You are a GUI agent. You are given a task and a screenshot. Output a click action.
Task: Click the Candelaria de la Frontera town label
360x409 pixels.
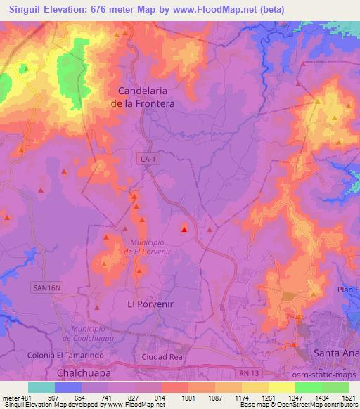(x=146, y=96)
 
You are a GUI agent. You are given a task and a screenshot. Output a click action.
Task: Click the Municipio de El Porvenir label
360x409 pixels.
(x=147, y=247)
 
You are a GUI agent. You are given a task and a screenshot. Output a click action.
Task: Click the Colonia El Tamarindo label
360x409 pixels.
(x=65, y=356)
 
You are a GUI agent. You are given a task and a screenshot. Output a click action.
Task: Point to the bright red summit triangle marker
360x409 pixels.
(x=185, y=228)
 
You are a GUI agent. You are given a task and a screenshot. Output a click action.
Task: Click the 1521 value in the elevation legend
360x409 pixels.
(x=348, y=397)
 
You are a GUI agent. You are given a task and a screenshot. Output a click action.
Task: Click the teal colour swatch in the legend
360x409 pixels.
(x=41, y=387)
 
